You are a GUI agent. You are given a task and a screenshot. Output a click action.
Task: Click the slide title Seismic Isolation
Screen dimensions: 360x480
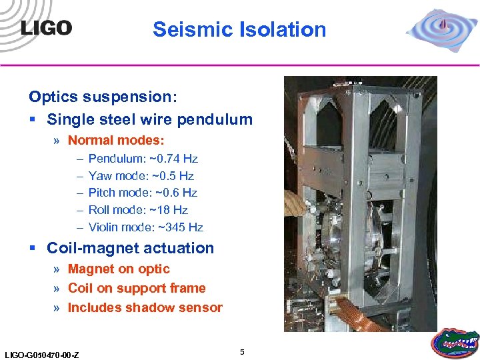239,29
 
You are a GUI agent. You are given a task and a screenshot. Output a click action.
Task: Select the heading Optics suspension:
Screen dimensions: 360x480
103,97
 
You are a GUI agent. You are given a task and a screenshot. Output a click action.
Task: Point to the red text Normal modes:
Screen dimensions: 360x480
116,141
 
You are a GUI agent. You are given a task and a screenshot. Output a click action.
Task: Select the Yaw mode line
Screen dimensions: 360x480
141,176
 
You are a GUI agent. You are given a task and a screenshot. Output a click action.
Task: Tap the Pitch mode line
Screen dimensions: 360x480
143,193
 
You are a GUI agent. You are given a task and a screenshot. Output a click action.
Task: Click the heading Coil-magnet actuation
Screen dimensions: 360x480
130,249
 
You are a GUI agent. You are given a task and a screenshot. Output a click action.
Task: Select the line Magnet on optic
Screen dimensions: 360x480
119,269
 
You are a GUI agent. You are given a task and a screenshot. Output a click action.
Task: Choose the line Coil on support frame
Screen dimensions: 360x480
137,289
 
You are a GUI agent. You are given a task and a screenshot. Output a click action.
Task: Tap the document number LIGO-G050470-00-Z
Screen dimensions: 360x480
41,354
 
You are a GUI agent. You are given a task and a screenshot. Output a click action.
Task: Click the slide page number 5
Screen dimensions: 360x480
242,351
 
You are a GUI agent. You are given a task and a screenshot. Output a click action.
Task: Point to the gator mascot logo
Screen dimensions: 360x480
455,343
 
